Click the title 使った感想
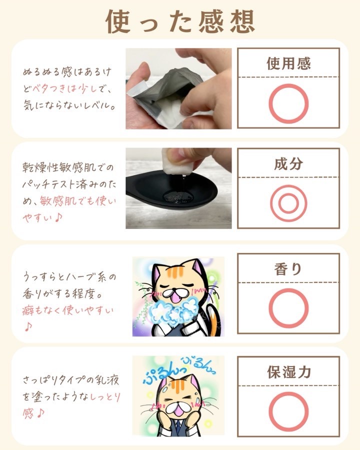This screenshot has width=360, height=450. pyautogui.click(x=180, y=22)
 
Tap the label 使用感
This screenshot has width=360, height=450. pyautogui.click(x=288, y=63)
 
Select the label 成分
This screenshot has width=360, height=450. pyautogui.click(x=288, y=164)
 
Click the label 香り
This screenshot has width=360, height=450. pyautogui.click(x=288, y=269)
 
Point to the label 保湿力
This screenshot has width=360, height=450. pyautogui.click(x=289, y=372)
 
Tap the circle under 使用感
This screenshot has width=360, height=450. pyautogui.click(x=288, y=84)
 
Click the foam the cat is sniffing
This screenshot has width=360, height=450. pyautogui.click(x=173, y=312)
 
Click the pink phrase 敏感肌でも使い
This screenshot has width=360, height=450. pyautogui.click(x=78, y=201)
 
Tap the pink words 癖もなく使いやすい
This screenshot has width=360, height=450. pyautogui.click(x=68, y=310)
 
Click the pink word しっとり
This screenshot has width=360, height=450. pyautogui.click(x=105, y=396)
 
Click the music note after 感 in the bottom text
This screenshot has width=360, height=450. pyautogui.click(x=40, y=413)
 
